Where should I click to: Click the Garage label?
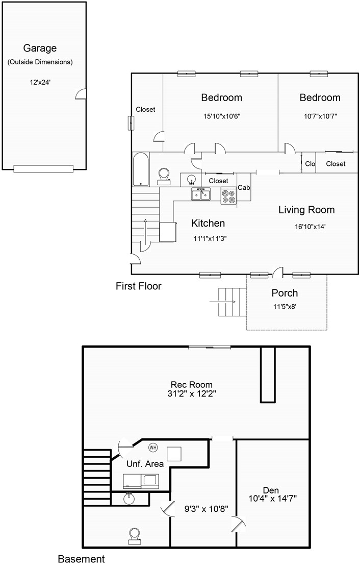[40, 48]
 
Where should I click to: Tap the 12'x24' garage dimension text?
[40, 82]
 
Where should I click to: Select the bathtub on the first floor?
[141, 169]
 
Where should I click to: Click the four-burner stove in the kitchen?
[228, 196]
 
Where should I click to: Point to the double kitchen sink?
[201, 194]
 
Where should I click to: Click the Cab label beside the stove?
[244, 188]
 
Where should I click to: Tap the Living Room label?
[306, 210]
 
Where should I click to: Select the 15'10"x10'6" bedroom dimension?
[222, 116]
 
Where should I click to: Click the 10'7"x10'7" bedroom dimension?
[320, 116]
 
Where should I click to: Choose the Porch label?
[285, 293]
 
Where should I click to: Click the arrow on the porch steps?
[222, 302]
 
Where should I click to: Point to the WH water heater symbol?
[153, 448]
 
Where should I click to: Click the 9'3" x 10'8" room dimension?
[206, 509]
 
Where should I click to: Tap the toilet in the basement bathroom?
[134, 536]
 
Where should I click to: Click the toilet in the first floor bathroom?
[164, 176]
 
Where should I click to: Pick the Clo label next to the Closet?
[310, 164]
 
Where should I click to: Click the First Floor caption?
[139, 286]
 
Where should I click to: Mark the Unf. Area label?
[145, 464]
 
